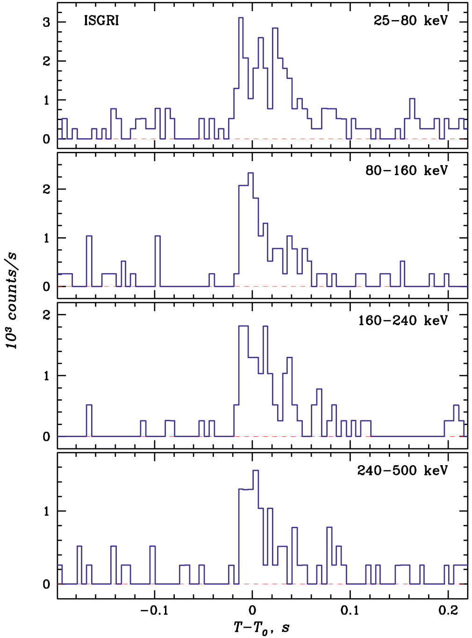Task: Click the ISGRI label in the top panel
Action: pyautogui.click(x=101, y=21)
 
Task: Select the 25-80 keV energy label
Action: pyautogui.click(x=410, y=21)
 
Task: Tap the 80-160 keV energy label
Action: pyautogui.click(x=406, y=170)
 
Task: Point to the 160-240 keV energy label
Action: pyautogui.click(x=403, y=320)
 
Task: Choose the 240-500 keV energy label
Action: pyautogui.click(x=402, y=470)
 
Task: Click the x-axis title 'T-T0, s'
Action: pyautogui.click(x=261, y=627)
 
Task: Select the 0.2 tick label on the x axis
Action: pyautogui.click(x=448, y=610)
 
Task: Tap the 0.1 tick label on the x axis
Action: pyautogui.click(x=350, y=610)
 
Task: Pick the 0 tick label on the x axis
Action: pyautogui.click(x=252, y=610)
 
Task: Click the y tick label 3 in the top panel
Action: pyautogui.click(x=46, y=22)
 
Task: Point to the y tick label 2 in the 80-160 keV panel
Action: pyautogui.click(x=46, y=189)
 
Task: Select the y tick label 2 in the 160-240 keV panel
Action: pyautogui.click(x=46, y=315)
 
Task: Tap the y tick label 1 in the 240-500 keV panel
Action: pyautogui.click(x=46, y=511)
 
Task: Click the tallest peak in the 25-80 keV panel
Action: pyautogui.click(x=241, y=18)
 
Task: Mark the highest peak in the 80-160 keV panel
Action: pyautogui.click(x=250, y=173)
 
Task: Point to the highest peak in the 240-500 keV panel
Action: pyautogui.click(x=256, y=471)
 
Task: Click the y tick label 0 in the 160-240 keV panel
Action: pyautogui.click(x=46, y=437)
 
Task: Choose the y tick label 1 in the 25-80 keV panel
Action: pyautogui.click(x=46, y=100)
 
